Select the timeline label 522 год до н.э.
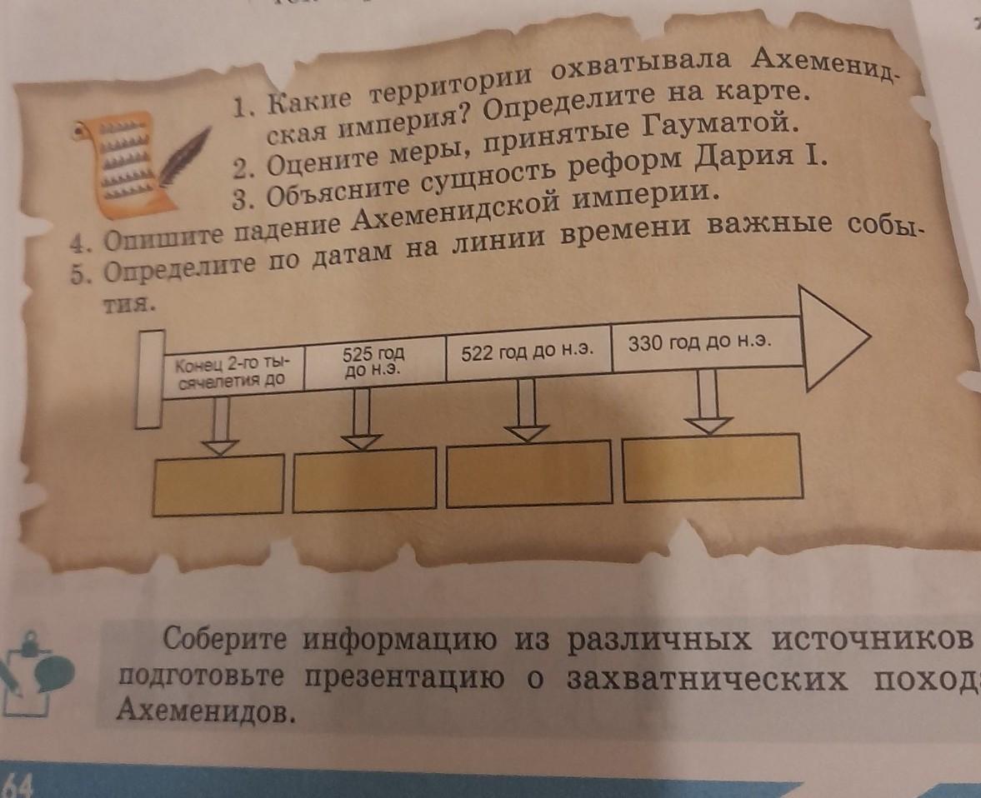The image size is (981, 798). point(527,351)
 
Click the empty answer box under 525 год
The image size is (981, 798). point(363,478)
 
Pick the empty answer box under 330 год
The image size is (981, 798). point(712,466)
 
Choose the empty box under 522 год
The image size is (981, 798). point(528,476)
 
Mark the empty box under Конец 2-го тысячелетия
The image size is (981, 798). point(218,484)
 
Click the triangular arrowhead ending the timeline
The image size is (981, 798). point(833,337)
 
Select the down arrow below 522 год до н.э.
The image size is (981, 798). point(525,411)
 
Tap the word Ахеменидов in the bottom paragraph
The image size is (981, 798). point(203,711)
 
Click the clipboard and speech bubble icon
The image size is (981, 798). point(33,671)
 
